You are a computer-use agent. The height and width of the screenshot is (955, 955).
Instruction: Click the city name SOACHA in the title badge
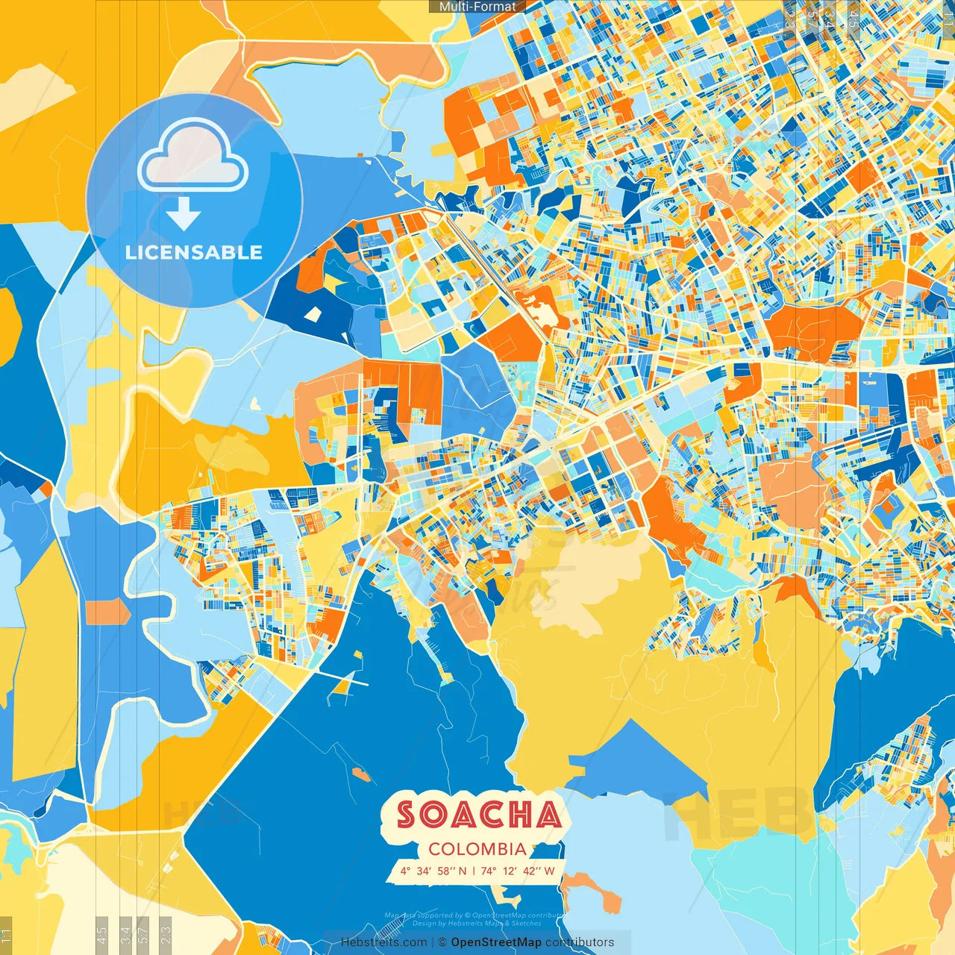pos(478,815)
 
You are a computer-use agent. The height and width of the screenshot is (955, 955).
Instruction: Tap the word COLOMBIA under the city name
pos(477,849)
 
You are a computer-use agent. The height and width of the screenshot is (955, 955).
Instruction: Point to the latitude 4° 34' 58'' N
pos(433,871)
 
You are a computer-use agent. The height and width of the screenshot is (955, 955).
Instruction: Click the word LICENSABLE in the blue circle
pos(194,252)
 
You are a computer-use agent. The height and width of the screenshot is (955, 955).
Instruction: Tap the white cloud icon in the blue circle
pos(193,155)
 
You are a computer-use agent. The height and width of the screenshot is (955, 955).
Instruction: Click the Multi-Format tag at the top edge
pos(477,6)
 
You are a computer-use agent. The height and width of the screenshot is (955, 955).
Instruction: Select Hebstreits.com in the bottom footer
pos(383,942)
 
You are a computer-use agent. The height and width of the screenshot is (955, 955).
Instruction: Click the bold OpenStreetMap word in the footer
pos(496,942)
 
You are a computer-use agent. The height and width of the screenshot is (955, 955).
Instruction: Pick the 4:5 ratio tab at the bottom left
pos(102,934)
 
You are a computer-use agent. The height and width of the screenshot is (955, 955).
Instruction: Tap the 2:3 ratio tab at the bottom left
pos(166,934)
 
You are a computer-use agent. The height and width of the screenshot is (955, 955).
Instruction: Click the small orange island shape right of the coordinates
pos(593,892)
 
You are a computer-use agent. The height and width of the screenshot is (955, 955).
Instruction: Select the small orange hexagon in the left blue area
pos(107,612)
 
